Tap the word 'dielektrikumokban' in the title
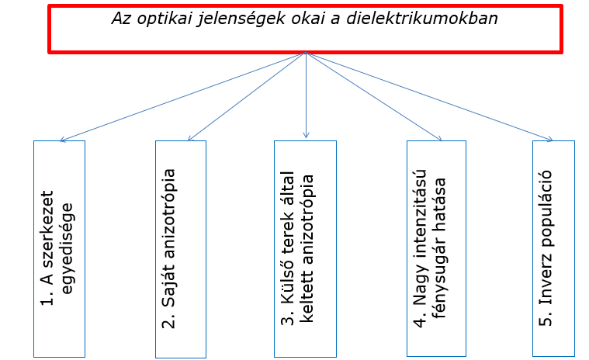pyautogui.click(x=422, y=18)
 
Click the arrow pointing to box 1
pyautogui.click(x=183, y=97)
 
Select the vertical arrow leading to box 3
pyautogui.click(x=306, y=95)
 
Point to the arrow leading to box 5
pyautogui.click(x=429, y=97)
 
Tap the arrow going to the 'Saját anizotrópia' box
pyautogui.click(x=247, y=97)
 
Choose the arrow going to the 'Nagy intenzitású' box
pyautogui.click(x=374, y=97)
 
